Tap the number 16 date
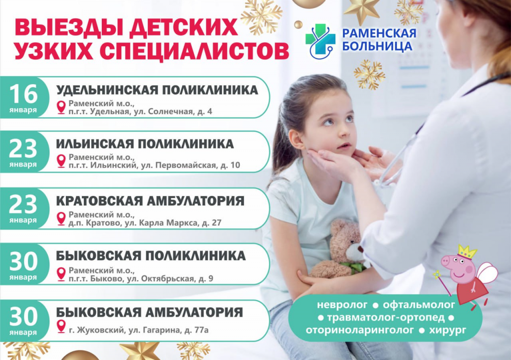tap(23, 94)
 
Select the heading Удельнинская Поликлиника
tap(157, 90)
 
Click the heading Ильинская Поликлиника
tap(145, 144)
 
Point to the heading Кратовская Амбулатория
tap(150, 201)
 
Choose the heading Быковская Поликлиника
tap(151, 256)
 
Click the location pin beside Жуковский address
tap(61, 326)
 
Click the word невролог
tap(342, 305)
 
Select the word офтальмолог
tap(419, 305)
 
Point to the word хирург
tap(448, 330)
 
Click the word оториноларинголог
tap(360, 330)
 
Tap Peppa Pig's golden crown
tap(468, 252)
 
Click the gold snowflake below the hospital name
tap(369, 74)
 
